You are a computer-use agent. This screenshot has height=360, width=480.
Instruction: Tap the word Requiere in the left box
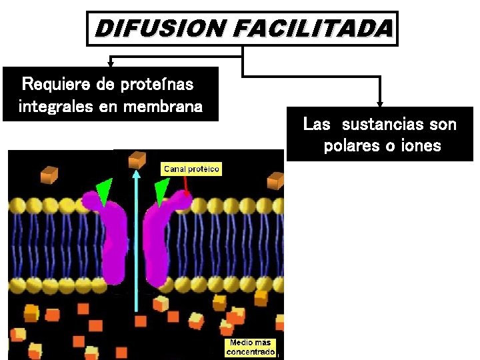pos(55,85)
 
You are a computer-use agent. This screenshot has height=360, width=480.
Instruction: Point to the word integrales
pos(55,107)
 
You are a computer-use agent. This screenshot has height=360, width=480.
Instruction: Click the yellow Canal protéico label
pos(191,169)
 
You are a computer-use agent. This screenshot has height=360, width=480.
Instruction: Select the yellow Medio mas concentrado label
pos(250,347)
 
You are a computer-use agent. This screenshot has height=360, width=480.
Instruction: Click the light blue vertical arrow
pos(136,240)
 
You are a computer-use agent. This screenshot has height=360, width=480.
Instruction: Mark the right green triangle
pos(161,192)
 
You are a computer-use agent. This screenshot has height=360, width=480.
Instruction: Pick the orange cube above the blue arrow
pos(137,159)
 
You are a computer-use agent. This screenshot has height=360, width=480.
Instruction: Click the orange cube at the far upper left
pos(49,175)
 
